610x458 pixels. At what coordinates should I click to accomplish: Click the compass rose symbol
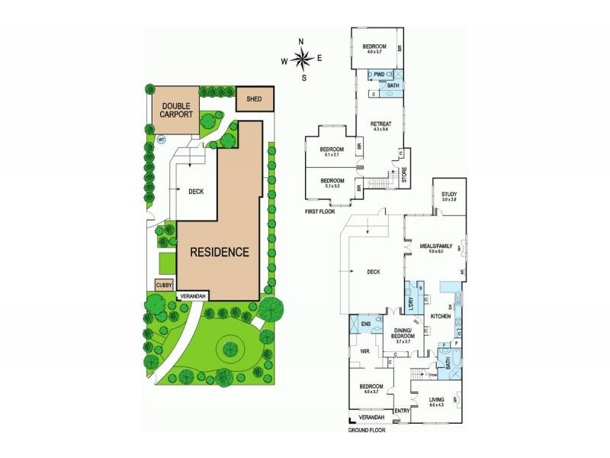[x=303, y=59]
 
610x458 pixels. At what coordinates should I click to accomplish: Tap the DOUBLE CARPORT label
[x=175, y=110]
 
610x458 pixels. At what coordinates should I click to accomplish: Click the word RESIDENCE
[x=220, y=252]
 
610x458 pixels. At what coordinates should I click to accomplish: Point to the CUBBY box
[x=164, y=285]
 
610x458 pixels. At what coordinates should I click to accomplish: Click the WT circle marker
[x=161, y=140]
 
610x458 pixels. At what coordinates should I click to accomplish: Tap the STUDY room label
[x=448, y=195]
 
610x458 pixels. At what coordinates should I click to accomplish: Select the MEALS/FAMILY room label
[x=436, y=246]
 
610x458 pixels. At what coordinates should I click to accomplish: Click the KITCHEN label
[x=441, y=315]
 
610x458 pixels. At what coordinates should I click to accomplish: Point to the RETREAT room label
[x=380, y=124]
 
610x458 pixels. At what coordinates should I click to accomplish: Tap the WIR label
[x=364, y=352]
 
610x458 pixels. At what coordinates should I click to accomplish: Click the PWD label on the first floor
[x=378, y=74]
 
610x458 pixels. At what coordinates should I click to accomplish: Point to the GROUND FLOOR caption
[x=368, y=430]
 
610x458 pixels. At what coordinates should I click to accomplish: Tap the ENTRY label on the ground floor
[x=402, y=411]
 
